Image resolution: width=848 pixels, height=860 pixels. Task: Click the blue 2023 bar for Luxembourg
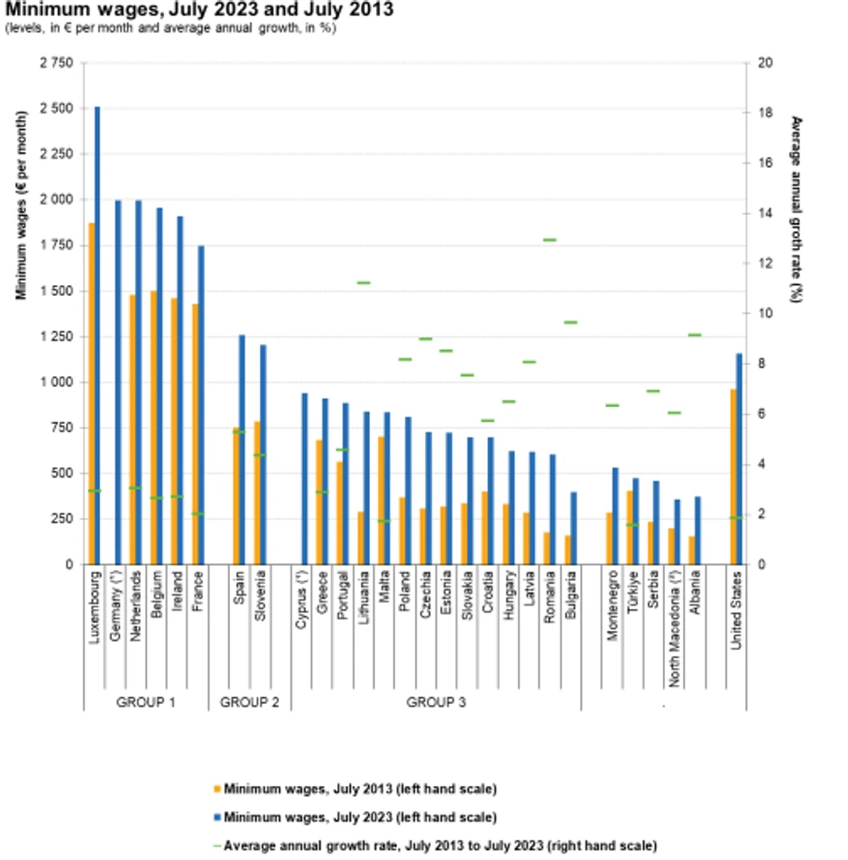coord(97,334)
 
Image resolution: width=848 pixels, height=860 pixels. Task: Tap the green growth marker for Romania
coord(549,240)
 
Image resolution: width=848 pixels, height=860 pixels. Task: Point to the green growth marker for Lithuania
coord(364,282)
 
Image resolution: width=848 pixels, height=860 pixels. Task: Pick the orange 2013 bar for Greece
coord(318,502)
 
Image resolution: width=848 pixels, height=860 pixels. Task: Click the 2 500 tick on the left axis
coord(57,108)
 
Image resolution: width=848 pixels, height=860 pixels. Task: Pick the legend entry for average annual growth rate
coord(440,846)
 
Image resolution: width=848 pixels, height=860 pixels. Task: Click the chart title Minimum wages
coord(198,11)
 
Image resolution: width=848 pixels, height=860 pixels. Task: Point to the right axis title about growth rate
coord(796,208)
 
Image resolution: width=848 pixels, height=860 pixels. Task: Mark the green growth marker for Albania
coord(695,335)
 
